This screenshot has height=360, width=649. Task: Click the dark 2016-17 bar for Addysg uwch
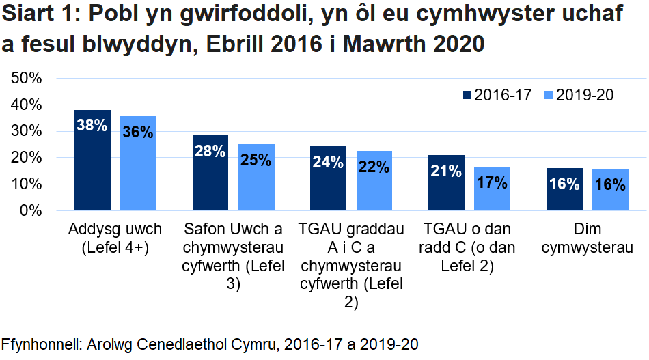tap(92, 161)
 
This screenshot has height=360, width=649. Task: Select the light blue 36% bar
tap(138, 164)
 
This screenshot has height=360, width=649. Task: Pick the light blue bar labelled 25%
tap(256, 178)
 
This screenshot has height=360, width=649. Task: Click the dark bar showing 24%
tap(328, 178)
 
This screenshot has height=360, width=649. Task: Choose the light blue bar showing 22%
tap(374, 181)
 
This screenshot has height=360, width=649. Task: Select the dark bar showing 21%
tap(446, 183)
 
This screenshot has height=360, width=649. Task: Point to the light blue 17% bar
tap(492, 189)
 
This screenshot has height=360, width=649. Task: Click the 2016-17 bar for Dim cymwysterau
tap(564, 189)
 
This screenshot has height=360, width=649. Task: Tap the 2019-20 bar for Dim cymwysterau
tap(610, 190)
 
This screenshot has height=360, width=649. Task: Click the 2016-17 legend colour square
tap(467, 96)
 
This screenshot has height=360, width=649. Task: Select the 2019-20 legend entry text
tap(585, 96)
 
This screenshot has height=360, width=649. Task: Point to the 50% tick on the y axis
tap(28, 78)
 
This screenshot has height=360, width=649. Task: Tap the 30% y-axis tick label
tap(28, 131)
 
